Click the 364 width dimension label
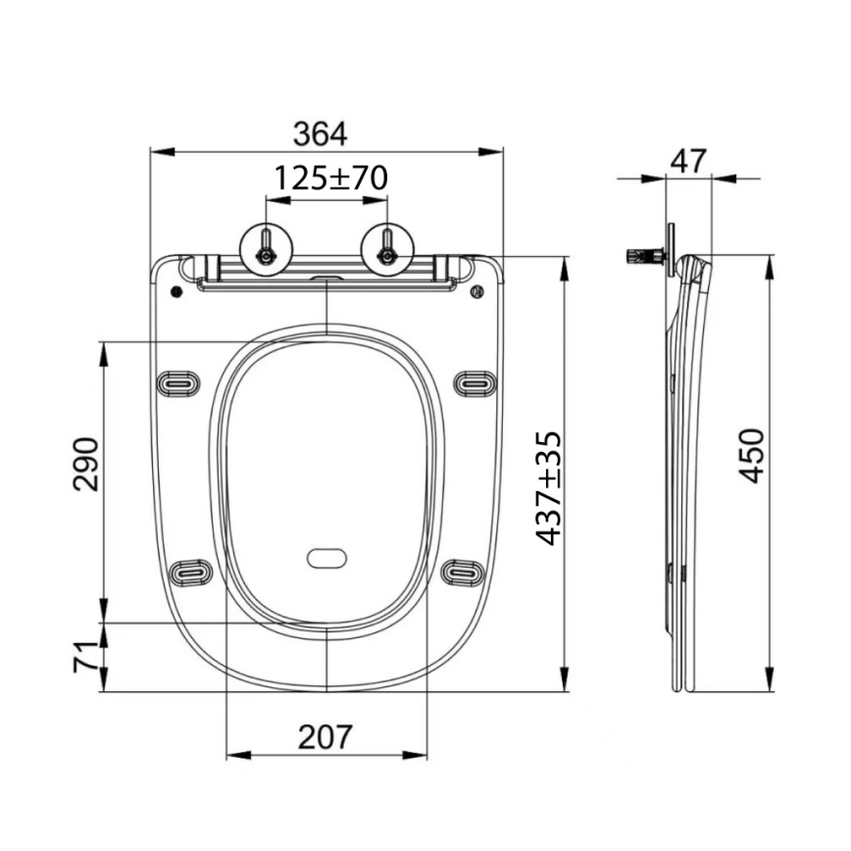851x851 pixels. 321,132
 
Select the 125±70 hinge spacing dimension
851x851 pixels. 329,178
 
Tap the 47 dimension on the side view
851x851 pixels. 690,160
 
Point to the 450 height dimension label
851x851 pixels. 750,455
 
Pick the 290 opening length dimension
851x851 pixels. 86,464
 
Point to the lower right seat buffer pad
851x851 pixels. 462,571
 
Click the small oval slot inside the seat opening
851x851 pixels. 326,559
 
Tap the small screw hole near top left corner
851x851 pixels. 175,291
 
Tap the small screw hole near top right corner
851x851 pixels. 477,291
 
